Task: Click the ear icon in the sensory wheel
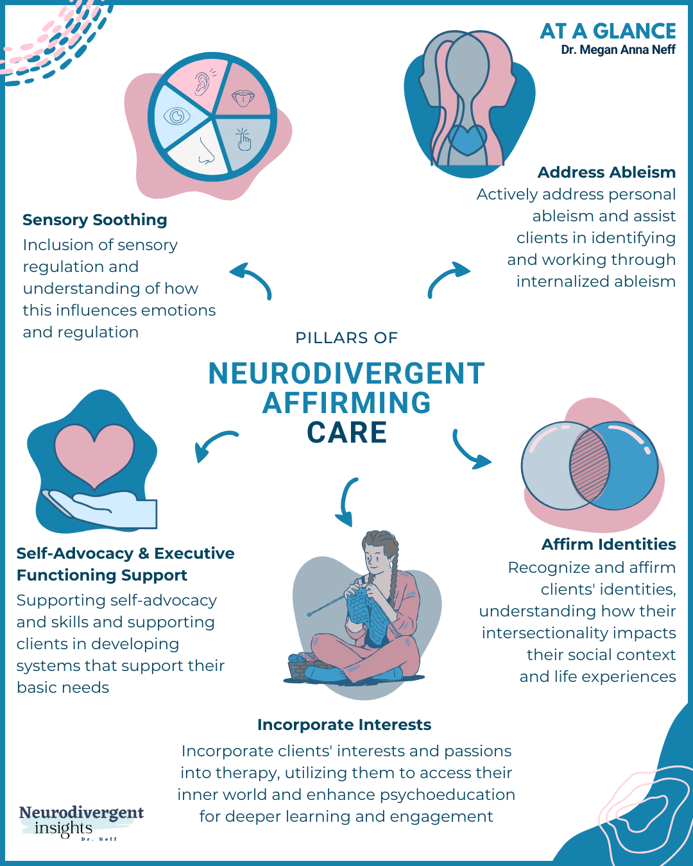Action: click(202, 83)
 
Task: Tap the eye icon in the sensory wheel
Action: click(176, 116)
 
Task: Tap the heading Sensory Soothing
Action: click(95, 220)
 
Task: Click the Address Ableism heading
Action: click(606, 173)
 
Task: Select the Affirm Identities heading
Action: click(608, 545)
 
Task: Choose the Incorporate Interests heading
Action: click(344, 725)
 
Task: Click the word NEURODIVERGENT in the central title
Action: click(346, 374)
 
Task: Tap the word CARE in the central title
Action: click(346, 433)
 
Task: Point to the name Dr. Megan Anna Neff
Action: click(618, 50)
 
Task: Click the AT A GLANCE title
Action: click(608, 31)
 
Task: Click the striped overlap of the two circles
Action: click(590, 466)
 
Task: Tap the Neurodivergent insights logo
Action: click(81, 822)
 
